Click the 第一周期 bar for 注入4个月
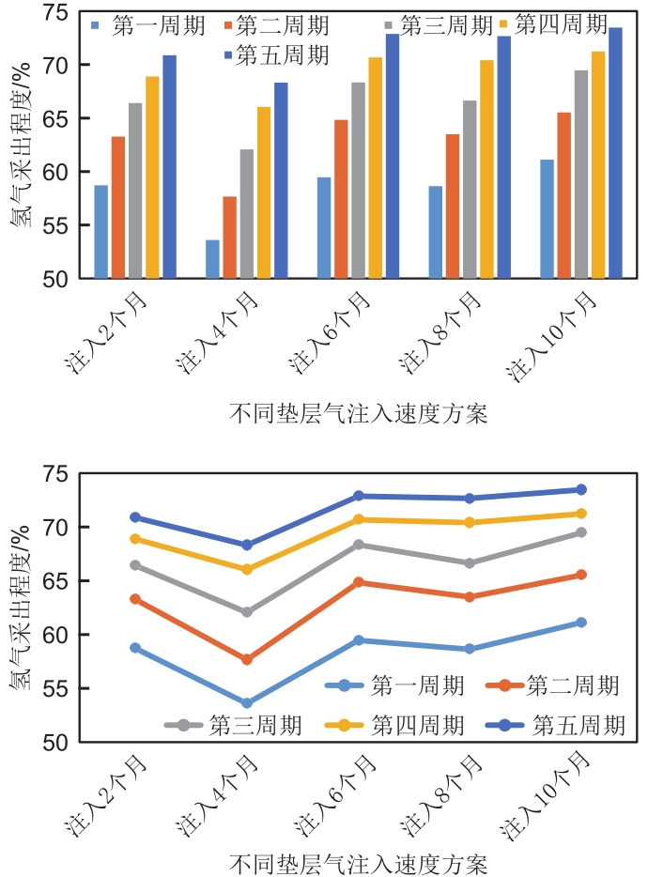point(212,259)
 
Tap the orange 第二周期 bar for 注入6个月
point(341,199)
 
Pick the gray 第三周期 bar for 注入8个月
point(470,190)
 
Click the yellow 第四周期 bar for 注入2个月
point(152,177)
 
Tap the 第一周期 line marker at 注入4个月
point(246,703)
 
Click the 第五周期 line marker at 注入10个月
point(581,489)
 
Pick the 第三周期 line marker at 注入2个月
point(134,565)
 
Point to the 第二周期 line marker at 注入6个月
point(358,582)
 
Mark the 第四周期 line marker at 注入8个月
point(470,522)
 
